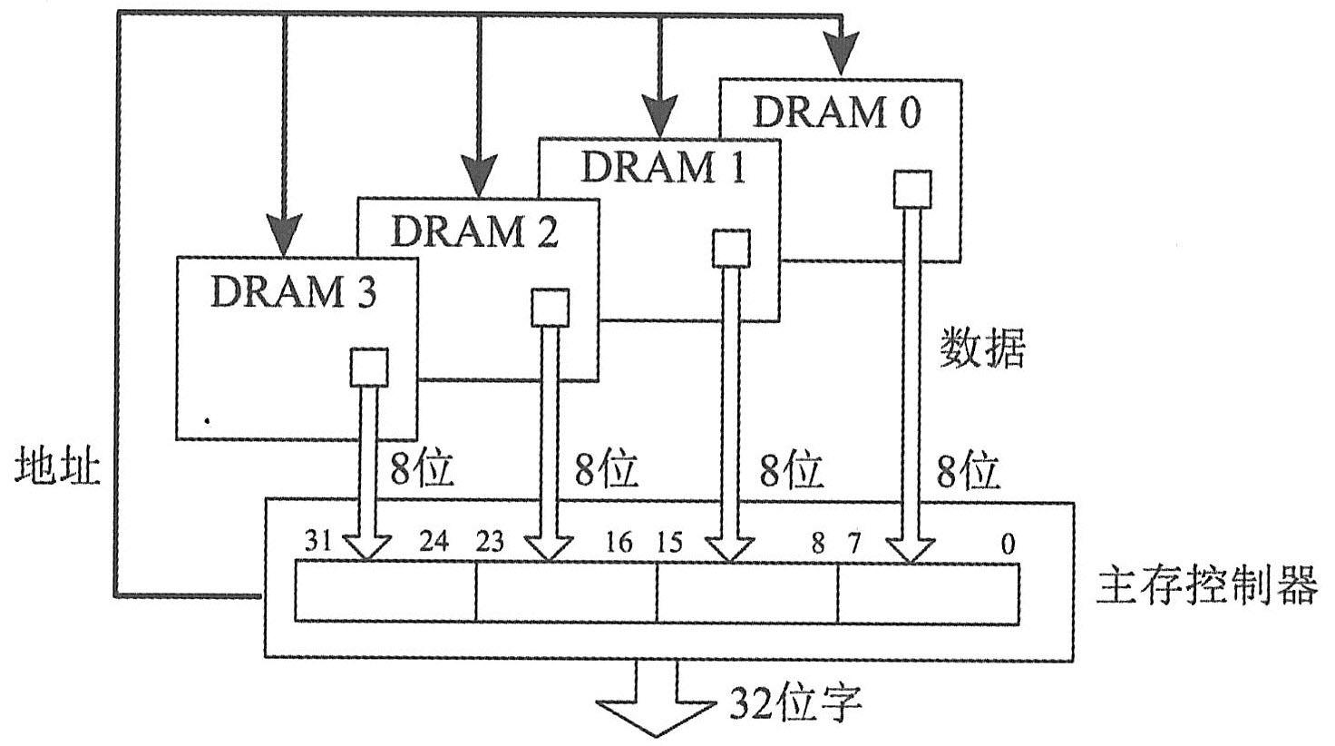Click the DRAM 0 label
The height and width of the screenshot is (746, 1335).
(836, 112)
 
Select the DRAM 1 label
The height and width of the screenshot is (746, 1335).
(663, 168)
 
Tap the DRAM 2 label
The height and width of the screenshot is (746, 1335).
(474, 231)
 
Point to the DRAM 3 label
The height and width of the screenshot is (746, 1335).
(293, 292)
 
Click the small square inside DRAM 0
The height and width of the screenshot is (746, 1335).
(912, 190)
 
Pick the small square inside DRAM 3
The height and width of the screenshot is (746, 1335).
(368, 368)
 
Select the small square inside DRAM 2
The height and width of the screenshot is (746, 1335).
(550, 308)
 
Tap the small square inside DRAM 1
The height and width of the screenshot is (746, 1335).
(731, 249)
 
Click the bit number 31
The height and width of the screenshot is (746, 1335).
(317, 544)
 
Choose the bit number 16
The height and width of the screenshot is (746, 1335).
(619, 544)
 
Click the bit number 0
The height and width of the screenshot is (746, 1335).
(1008, 545)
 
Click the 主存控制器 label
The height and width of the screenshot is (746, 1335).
(1206, 586)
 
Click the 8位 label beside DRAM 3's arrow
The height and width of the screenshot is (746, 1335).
(422, 469)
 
